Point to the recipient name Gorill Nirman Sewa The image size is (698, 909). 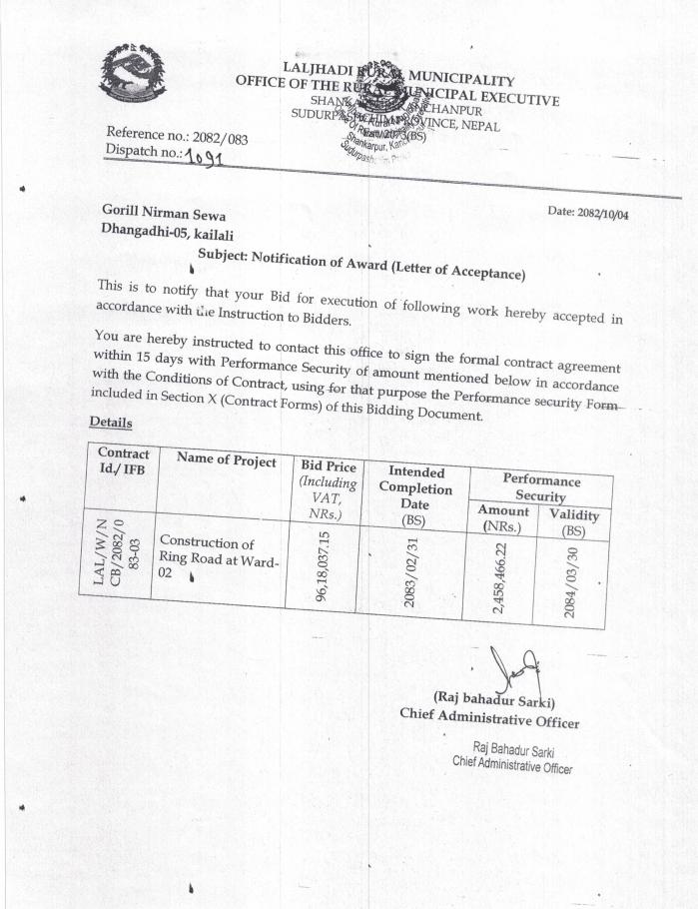(x=164, y=213)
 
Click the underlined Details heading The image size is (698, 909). (x=111, y=423)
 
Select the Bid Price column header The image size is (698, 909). (x=328, y=490)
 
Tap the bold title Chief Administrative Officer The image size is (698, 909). (x=489, y=715)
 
